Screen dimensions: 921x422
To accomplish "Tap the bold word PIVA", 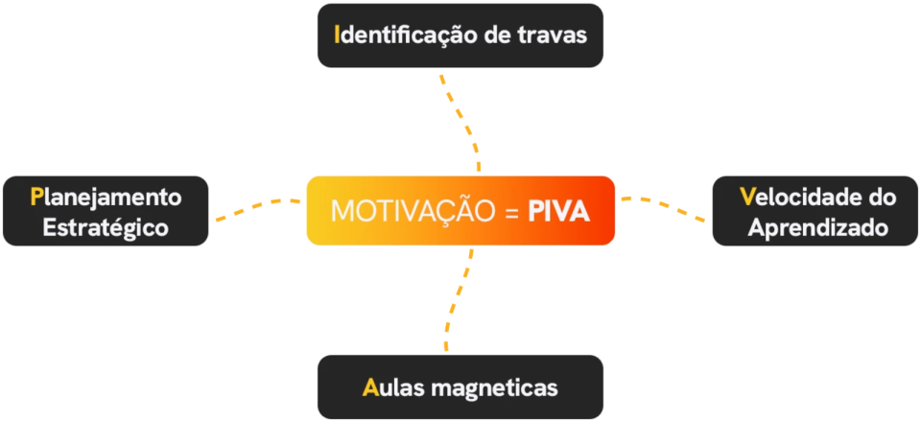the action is [558, 211].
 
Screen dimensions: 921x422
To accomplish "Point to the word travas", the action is [553, 35].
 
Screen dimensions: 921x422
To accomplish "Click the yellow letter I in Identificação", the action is [336, 35].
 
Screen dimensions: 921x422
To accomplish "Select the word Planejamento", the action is [106, 199].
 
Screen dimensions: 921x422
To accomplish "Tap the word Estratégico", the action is [106, 227].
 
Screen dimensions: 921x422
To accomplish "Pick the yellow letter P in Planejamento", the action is [35, 197].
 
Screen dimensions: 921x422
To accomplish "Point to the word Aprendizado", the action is [817, 228].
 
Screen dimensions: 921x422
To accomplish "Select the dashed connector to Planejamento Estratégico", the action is [257, 206].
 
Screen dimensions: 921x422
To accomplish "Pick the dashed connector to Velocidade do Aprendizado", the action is [663, 205].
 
